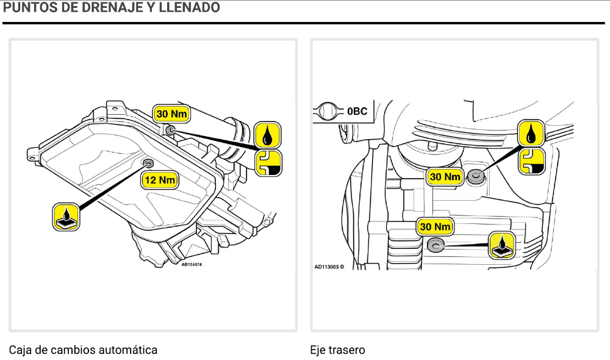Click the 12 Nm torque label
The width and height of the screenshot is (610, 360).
(x=160, y=180)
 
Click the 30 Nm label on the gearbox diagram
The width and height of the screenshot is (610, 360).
(x=171, y=114)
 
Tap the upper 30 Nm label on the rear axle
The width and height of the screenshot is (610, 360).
(x=445, y=177)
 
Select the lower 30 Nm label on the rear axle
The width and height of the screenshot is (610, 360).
(x=436, y=227)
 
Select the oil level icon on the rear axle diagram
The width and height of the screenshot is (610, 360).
(x=531, y=160)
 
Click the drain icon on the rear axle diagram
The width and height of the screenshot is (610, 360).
(x=502, y=245)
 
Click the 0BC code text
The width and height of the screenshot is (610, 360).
(x=357, y=112)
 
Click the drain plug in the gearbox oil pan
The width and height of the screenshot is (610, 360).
(x=148, y=164)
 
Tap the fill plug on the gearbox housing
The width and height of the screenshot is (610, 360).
(x=170, y=129)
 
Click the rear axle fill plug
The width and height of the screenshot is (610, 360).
(x=475, y=177)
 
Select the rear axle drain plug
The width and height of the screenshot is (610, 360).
(x=436, y=245)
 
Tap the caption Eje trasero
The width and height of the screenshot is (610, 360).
(x=337, y=350)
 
